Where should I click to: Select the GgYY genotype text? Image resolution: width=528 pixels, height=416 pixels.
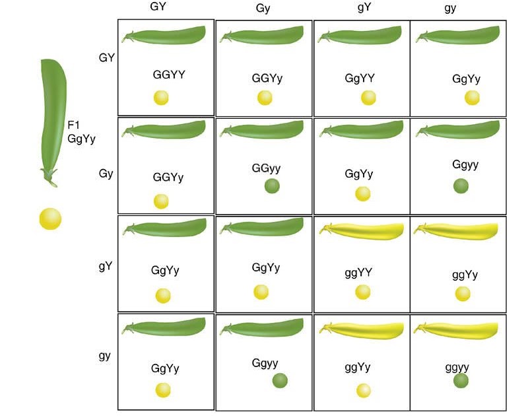point(360,78)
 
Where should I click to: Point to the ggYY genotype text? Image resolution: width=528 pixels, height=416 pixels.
point(360,272)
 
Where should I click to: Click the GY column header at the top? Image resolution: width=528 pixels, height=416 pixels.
point(159,7)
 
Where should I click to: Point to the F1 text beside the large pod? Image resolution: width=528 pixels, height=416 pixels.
point(75,125)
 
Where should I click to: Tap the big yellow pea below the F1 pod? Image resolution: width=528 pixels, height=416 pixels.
point(50,219)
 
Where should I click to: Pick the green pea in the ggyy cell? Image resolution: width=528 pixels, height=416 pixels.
point(461,380)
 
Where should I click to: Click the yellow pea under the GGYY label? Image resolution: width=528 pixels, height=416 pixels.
point(162,98)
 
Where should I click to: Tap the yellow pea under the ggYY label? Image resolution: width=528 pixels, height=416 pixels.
point(362,292)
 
